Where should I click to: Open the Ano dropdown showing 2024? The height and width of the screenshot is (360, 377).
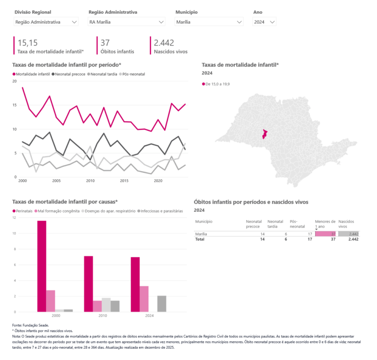click(265, 22)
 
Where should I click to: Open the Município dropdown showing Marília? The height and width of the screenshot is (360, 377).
click(209, 22)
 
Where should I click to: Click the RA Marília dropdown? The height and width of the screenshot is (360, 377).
click(126, 22)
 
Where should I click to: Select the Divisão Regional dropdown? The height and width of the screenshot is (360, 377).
click(46, 22)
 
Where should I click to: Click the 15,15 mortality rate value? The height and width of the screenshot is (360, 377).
click(27, 43)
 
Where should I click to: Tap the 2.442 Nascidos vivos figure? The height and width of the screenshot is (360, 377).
click(164, 43)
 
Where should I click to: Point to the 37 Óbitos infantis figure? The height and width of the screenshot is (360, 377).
click(105, 43)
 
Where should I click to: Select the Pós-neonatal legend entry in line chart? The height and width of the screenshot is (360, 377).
click(133, 74)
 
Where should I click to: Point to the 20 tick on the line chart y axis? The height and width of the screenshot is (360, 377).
click(14, 81)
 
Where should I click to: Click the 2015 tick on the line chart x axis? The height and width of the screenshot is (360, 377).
click(125, 181)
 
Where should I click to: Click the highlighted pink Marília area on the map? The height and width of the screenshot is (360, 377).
click(265, 134)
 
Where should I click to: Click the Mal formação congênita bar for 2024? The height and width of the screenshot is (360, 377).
click(144, 299)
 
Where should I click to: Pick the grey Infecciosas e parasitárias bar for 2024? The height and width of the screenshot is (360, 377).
click(162, 304)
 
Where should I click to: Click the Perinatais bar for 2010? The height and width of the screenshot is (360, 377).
click(88, 283)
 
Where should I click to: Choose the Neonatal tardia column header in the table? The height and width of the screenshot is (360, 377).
click(275, 224)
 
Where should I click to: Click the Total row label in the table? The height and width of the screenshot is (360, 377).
click(200, 239)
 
